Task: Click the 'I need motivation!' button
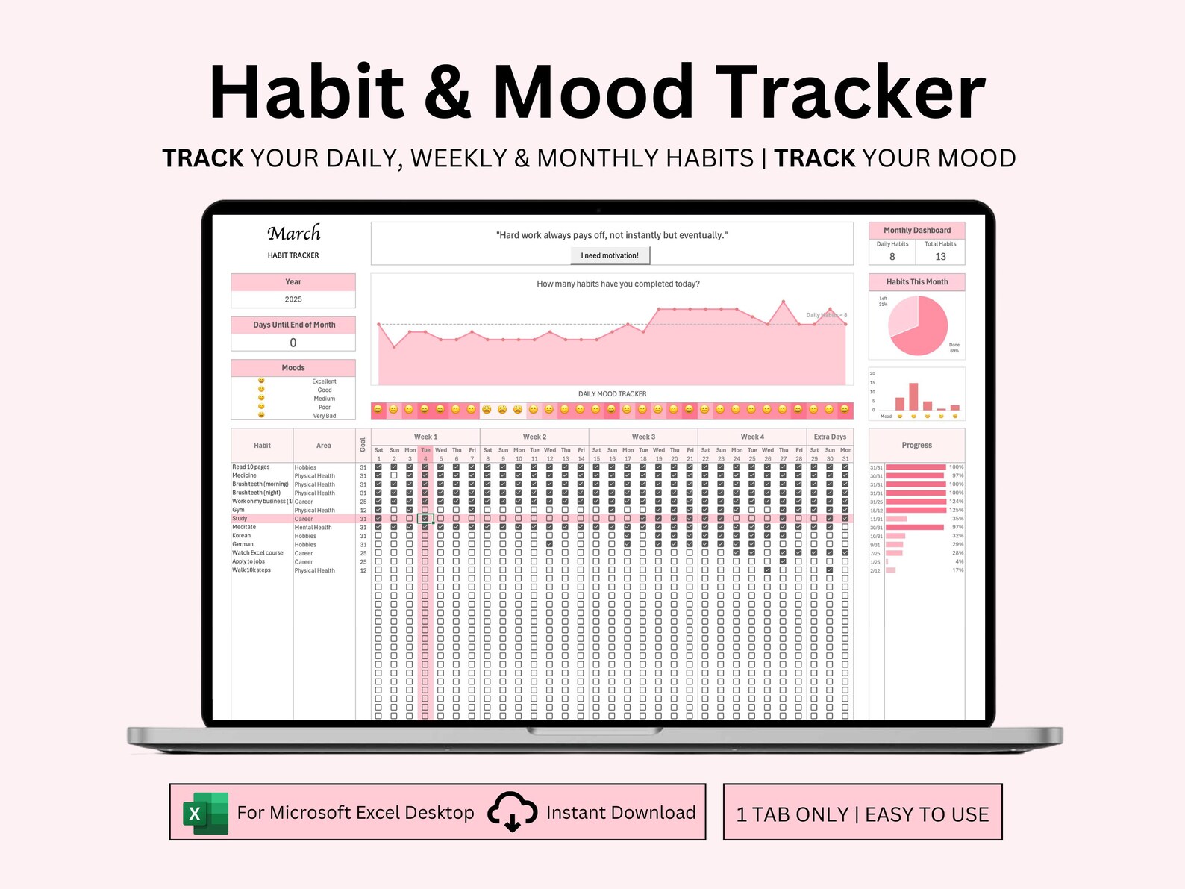pos(610,255)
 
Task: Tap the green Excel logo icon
pos(206,813)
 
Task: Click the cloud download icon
pos(512,812)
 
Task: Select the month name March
pos(294,234)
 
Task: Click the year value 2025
pos(293,299)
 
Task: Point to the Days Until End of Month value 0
pos(293,343)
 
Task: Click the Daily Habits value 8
pos(892,256)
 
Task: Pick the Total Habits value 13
pos(940,256)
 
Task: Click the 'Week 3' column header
pos(643,437)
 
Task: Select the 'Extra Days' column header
pos(830,437)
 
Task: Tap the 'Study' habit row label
pos(240,518)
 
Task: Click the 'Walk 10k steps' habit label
pos(251,570)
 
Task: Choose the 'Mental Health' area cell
pos(313,528)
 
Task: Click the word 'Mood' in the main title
pos(593,93)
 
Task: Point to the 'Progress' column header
pos(916,445)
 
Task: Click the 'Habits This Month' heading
pos(916,282)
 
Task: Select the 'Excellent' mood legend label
pos(324,381)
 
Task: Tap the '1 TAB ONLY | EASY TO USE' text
pos(862,814)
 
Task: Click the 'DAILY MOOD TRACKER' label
pos(612,394)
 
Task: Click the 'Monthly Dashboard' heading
pos(916,231)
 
